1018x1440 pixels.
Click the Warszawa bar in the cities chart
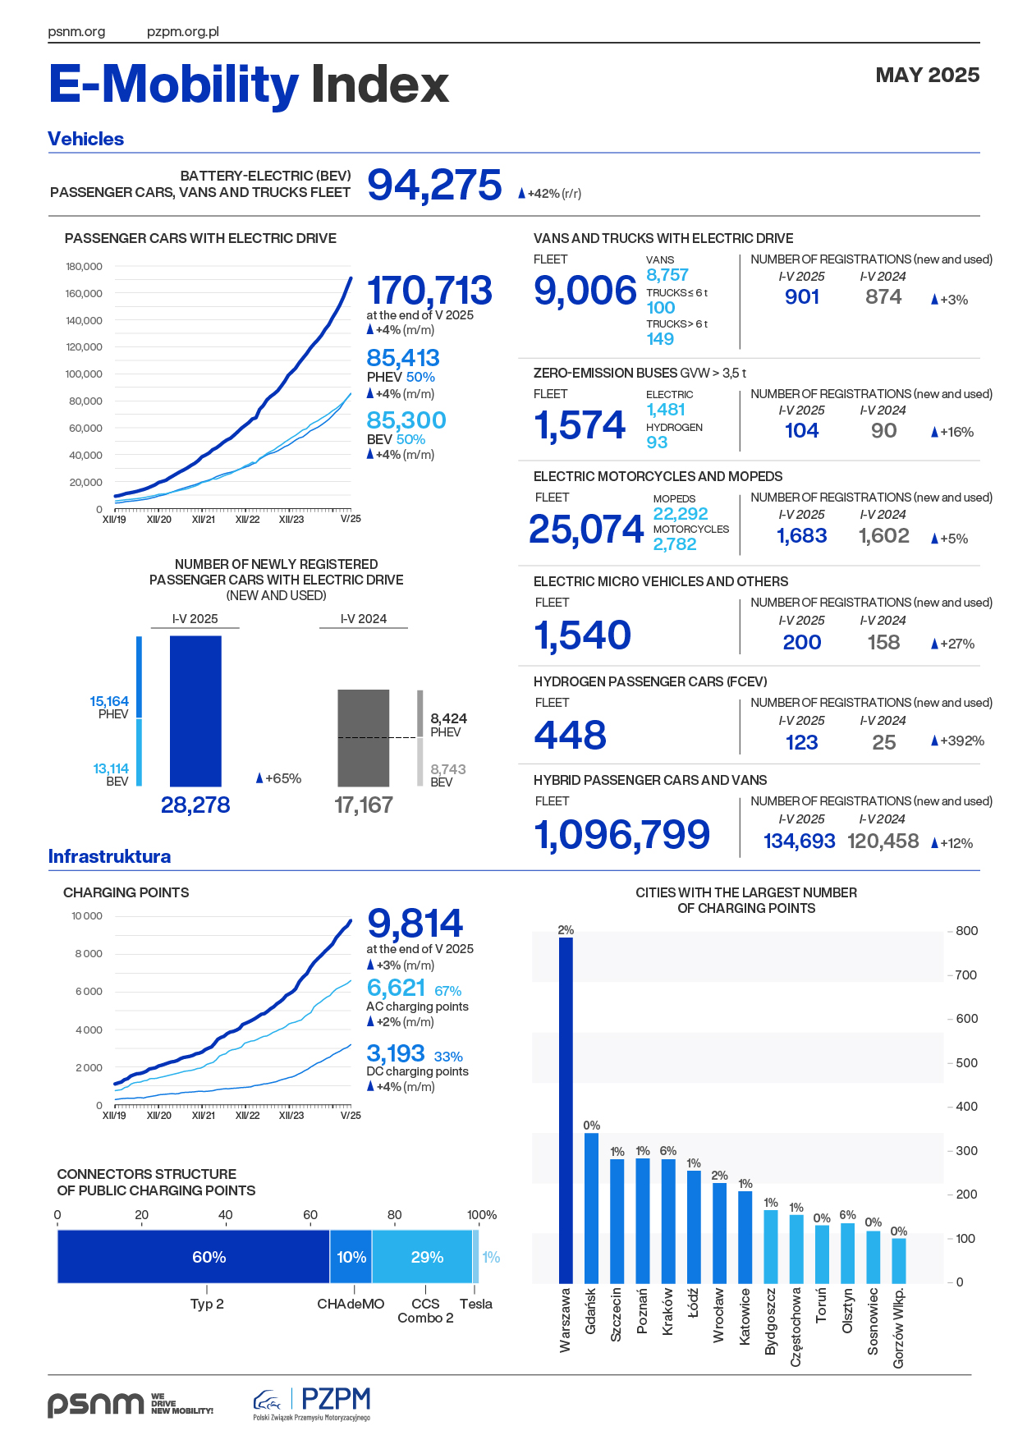tap(566, 1108)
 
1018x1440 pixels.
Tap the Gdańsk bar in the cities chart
tap(591, 1208)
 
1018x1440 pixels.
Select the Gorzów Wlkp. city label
tap(899, 1328)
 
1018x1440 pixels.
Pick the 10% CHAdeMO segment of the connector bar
tap(351, 1257)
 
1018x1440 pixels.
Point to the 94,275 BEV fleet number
tap(434, 185)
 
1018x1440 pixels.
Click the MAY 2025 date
tap(927, 76)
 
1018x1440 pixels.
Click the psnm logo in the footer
tap(96, 1403)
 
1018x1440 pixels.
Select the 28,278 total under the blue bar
tap(195, 805)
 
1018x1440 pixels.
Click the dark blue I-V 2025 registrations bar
tap(195, 711)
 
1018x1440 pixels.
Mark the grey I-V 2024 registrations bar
tap(364, 738)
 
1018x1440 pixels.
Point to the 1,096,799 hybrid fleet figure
tap(621, 835)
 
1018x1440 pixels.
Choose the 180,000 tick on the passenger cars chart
tap(84, 267)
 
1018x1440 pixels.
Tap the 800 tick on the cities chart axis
tap(966, 931)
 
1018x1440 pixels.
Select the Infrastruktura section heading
tap(109, 856)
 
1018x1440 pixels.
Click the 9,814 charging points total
tap(415, 924)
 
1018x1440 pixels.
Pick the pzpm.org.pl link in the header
tap(182, 32)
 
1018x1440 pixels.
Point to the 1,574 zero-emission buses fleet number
tap(580, 425)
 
